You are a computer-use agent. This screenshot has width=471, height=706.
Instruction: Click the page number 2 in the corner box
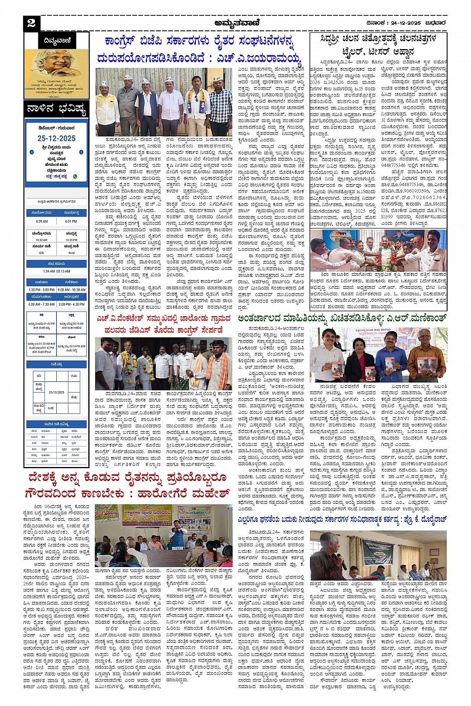pyautogui.click(x=31, y=23)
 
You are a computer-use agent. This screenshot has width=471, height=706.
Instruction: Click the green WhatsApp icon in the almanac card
pyautogui.click(x=75, y=176)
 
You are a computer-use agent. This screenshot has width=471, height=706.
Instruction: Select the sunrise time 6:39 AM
pyautogui.click(x=42, y=221)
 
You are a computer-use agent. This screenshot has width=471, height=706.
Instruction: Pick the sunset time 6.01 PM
pyautogui.click(x=71, y=221)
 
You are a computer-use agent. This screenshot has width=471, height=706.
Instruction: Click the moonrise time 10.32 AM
pyautogui.click(x=42, y=240)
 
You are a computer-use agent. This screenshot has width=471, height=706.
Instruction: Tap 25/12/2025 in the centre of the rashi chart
pyautogui.click(x=56, y=392)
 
